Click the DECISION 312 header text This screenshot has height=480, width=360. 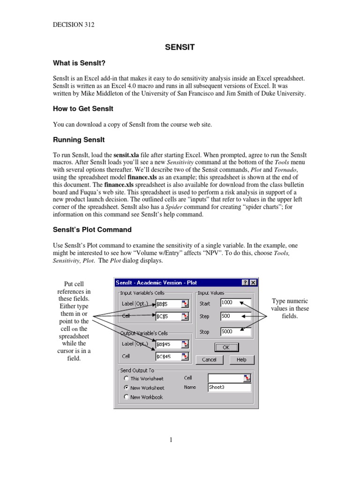tap(74, 25)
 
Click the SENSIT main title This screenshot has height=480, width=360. tap(180, 47)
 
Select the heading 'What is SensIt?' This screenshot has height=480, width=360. tap(79, 63)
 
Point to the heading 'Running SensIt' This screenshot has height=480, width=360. tap(79, 140)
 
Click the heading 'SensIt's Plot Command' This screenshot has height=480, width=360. tap(92, 230)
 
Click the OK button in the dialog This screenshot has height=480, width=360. tap(226, 347)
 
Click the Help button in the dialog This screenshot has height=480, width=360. tap(241, 360)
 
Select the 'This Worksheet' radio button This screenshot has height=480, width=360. tap(127, 378)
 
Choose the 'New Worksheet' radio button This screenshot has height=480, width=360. tap(127, 388)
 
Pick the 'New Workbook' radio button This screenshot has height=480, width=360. tap(127, 397)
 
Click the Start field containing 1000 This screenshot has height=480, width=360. tap(235, 303)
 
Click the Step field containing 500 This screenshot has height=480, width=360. tap(235, 316)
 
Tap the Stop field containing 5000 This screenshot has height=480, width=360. tap(235, 331)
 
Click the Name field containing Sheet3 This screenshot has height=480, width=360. tap(229, 388)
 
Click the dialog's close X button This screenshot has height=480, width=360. tap(253, 282)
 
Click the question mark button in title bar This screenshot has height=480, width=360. tap(245, 282)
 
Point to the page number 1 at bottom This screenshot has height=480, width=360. tap(172, 439)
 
